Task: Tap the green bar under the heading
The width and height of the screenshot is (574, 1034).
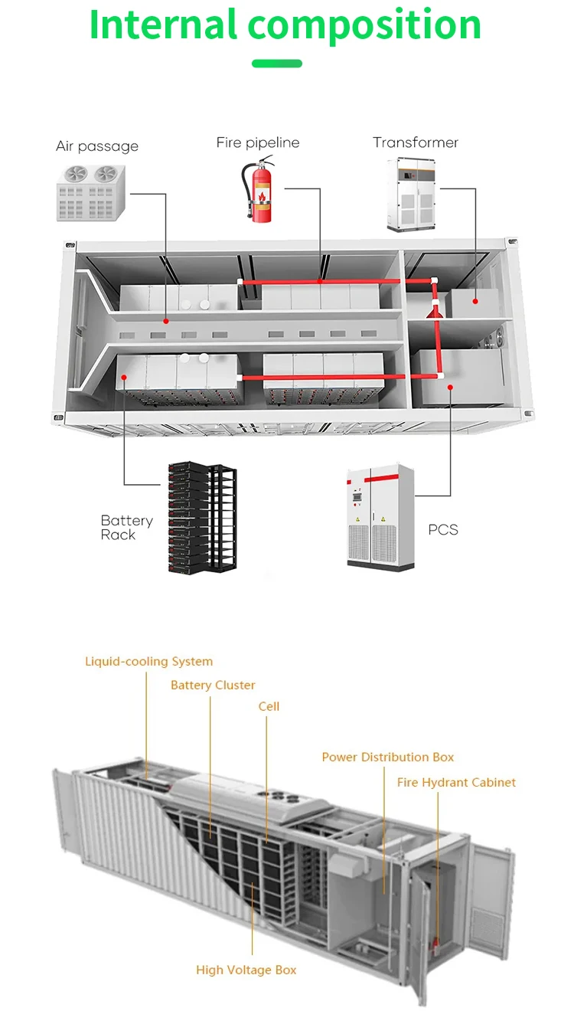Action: [277, 64]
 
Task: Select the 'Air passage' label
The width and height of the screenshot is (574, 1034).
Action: [97, 146]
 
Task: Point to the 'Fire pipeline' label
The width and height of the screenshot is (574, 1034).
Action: [258, 142]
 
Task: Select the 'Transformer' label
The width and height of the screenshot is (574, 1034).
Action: [416, 142]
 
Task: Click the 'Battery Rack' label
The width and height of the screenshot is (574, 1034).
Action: [126, 528]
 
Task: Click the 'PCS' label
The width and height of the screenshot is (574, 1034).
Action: [443, 529]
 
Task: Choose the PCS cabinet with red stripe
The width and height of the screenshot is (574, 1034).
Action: [380, 515]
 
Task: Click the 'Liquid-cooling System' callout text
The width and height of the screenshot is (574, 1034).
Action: [148, 661]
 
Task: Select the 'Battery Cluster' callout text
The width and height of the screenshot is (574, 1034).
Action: [213, 685]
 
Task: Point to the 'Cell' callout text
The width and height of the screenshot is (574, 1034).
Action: [269, 706]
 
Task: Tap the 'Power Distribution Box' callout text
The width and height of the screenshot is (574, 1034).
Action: [387, 757]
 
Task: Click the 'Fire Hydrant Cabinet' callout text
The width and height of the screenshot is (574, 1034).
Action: [456, 782]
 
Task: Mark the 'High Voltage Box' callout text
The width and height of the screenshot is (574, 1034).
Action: [246, 970]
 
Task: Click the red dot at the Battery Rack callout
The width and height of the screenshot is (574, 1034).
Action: [124, 377]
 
